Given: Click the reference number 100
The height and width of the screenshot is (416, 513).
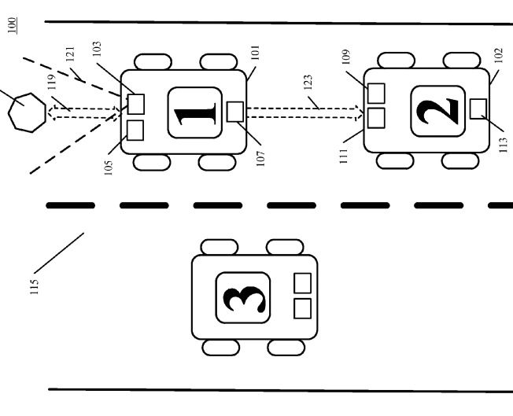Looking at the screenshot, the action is click(x=13, y=25).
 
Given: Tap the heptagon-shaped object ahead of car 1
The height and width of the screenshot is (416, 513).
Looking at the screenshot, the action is click(x=28, y=112).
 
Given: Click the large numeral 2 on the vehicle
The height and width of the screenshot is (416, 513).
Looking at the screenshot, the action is click(x=437, y=111).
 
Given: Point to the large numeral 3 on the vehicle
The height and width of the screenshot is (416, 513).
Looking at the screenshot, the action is click(x=244, y=299).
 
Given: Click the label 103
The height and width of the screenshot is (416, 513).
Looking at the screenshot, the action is click(x=97, y=49).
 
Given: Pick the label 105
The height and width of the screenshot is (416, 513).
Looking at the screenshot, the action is click(x=109, y=168).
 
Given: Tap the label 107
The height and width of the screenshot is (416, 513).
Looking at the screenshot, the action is click(x=260, y=159).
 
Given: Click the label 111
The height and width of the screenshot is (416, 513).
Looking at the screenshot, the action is click(x=343, y=156).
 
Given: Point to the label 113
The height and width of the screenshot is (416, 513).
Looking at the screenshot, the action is click(x=504, y=145).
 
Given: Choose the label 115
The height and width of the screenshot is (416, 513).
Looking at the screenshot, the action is click(x=34, y=287).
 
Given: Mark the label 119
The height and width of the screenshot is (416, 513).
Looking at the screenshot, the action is click(x=52, y=82).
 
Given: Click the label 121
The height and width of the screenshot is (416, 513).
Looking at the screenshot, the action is click(x=70, y=54).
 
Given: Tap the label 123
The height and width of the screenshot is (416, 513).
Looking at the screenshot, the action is click(x=308, y=82).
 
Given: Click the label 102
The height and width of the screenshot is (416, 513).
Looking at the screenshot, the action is click(x=498, y=56).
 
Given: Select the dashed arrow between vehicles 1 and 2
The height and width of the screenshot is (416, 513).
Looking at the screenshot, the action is click(x=305, y=112).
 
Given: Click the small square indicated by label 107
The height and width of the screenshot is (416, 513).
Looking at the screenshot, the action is click(x=235, y=112).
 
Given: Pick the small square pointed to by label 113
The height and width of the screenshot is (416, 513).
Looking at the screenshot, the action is click(x=478, y=109).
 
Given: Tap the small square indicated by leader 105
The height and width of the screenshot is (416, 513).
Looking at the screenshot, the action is click(x=135, y=131).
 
